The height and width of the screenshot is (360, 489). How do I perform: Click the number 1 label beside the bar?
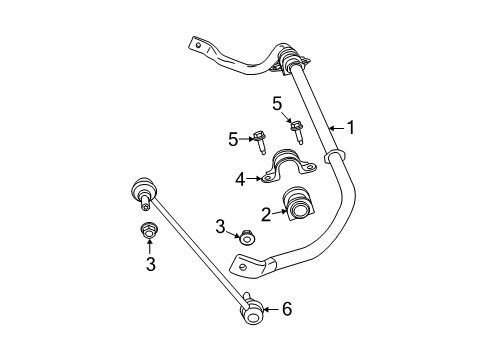pyautogui.click(x=350, y=127)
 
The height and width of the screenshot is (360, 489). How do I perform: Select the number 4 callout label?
pyautogui.click(x=240, y=179)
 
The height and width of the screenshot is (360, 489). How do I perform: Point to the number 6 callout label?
pyautogui.click(x=286, y=309)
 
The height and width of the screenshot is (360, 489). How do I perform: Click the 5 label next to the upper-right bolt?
pyautogui.click(x=277, y=102)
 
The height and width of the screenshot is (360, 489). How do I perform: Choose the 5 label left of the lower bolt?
pyautogui.click(x=233, y=140)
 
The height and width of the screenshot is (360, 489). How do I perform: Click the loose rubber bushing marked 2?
pyautogui.click(x=299, y=203)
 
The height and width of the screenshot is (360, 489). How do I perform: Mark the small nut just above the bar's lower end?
pyautogui.click(x=245, y=237)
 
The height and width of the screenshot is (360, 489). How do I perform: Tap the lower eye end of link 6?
pyautogui.click(x=251, y=316)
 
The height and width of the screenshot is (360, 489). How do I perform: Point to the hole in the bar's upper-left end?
pyautogui.click(x=198, y=44)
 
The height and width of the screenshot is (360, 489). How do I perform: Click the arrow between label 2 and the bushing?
pyautogui.click(x=279, y=211)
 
